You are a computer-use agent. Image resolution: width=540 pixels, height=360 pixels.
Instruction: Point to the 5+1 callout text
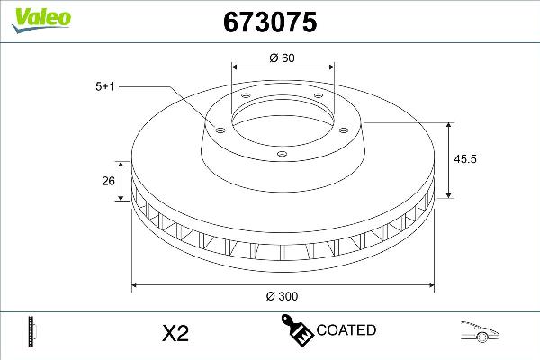[x=105, y=86]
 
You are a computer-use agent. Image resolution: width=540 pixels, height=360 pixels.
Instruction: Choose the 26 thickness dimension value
[x=107, y=182]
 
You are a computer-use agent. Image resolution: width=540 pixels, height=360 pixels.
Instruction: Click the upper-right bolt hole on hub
[x=318, y=98]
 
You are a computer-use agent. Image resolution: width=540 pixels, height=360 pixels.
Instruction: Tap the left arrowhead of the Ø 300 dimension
[x=136, y=285]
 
